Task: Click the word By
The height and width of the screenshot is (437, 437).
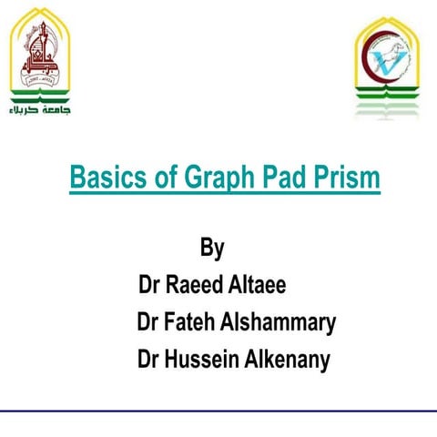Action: [x=211, y=249]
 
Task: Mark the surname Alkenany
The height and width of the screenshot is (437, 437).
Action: [x=288, y=360]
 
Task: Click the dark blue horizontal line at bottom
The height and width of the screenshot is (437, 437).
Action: [x=218, y=411]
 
